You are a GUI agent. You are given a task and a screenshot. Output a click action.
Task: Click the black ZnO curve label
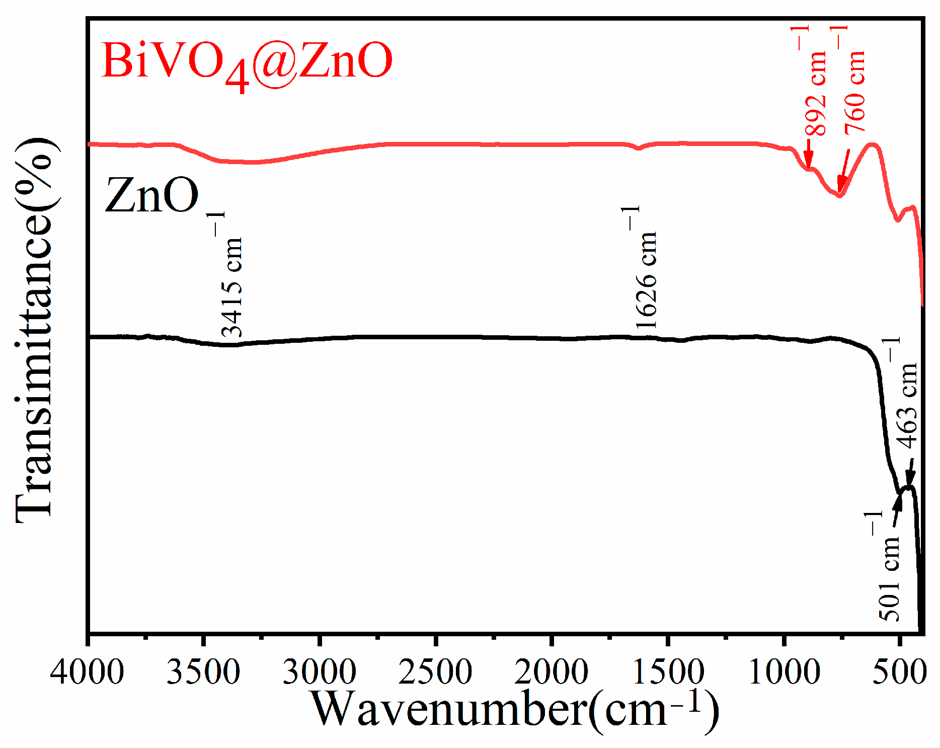151,196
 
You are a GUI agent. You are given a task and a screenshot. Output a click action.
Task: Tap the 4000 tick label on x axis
87,672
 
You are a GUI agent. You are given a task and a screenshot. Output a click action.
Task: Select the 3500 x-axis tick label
203,672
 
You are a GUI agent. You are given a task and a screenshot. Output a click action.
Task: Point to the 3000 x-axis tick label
320,672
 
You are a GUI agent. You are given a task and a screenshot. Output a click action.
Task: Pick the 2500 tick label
435,672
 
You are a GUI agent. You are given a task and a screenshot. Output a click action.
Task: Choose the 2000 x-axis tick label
552,672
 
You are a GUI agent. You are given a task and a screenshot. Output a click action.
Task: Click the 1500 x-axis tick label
668,672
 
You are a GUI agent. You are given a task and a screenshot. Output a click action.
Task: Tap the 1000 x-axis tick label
784,672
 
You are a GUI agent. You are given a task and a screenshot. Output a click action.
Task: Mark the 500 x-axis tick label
900,672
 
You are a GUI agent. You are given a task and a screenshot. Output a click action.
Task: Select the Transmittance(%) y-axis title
35,330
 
